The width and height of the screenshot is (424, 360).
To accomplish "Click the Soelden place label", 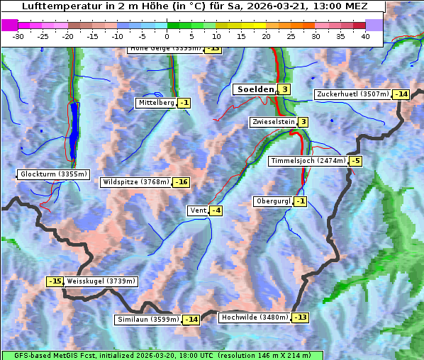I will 254,89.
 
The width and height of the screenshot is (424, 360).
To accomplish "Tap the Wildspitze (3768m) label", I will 136,182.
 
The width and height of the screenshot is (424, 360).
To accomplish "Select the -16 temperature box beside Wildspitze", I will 182,182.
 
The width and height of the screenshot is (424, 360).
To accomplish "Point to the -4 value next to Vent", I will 216,210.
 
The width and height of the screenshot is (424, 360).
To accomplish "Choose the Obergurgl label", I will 273,201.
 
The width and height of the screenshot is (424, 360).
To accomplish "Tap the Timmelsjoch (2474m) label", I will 308,161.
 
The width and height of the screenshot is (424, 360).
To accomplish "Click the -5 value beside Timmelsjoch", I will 355,161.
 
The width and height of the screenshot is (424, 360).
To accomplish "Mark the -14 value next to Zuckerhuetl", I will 401,94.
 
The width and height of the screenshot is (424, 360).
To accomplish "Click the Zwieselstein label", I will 273,122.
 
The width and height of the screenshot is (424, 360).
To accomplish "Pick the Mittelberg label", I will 156,103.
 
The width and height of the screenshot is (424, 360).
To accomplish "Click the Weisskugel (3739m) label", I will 101,281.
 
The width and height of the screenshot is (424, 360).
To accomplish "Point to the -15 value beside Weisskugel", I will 55,281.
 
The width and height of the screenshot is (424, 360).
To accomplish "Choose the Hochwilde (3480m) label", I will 255,317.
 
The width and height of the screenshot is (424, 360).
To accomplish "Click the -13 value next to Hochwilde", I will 300,317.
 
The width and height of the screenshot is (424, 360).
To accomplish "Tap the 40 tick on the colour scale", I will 365,35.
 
